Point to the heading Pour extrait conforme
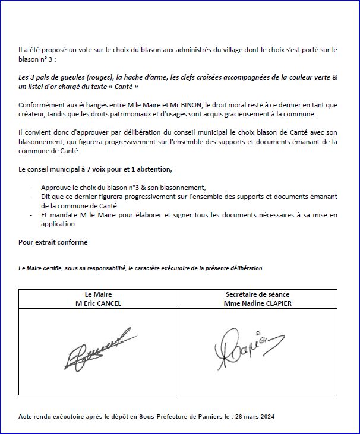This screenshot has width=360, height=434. pyautogui.click(x=53, y=242)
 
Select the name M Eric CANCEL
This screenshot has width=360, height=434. pyautogui.click(x=98, y=303)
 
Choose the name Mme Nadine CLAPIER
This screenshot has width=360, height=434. pyautogui.click(x=258, y=303)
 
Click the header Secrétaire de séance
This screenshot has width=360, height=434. pyautogui.click(x=258, y=294)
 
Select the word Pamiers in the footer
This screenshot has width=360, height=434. pyautogui.click(x=180, y=416)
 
